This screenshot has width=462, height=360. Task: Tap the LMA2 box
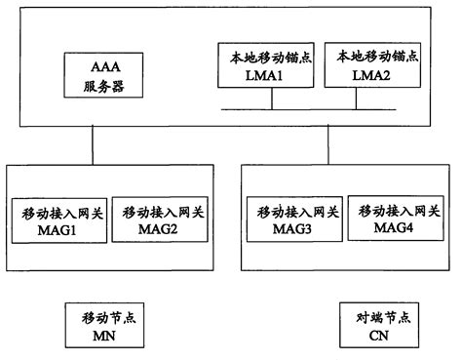(x=373, y=66)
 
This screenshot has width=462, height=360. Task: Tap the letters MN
(x=100, y=335)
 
